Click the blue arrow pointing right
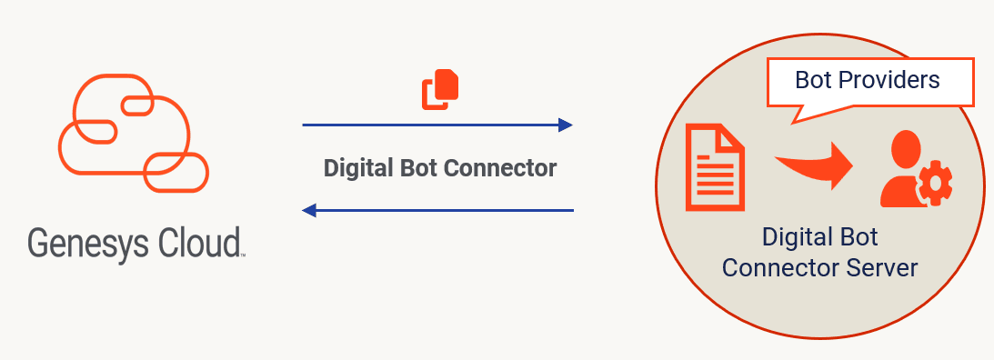tap(437, 125)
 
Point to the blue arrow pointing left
tap(437, 210)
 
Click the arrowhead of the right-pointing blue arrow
tap(566, 125)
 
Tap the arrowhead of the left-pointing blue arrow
tap(309, 210)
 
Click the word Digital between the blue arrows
tap(356, 168)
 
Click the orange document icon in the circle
tap(714, 167)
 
